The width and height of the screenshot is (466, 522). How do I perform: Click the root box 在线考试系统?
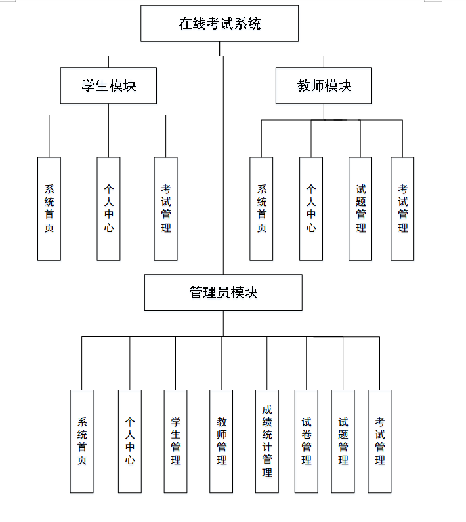[x=219, y=24]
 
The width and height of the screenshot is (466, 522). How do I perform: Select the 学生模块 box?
[x=108, y=85]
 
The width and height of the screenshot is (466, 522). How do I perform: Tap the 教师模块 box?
[x=324, y=85]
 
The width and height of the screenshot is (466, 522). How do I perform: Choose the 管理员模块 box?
[x=223, y=292]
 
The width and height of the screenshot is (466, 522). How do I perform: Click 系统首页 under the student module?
[x=49, y=209]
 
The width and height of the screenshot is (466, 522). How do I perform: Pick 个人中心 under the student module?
[x=108, y=209]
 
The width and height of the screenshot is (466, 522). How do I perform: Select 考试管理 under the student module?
[x=165, y=209]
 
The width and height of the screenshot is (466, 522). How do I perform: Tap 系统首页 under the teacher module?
[x=261, y=209]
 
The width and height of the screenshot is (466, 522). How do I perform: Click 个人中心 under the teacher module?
[x=311, y=209]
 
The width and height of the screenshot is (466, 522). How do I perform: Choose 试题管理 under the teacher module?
[x=360, y=209]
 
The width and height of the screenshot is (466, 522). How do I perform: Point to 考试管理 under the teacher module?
[x=402, y=209]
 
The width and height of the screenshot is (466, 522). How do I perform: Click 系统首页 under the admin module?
[x=81, y=441]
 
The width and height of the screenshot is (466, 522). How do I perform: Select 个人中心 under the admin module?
[x=129, y=441]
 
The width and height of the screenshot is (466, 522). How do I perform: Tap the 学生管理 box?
[x=175, y=441]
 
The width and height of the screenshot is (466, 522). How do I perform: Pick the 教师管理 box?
[x=221, y=441]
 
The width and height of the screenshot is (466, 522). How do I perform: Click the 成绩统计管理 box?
[x=267, y=441]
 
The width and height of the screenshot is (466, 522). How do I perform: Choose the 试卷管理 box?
[x=306, y=441]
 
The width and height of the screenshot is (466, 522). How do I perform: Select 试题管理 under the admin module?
[x=343, y=441]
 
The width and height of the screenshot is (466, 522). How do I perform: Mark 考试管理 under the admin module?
[x=379, y=441]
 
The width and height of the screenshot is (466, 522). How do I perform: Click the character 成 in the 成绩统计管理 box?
[x=267, y=409]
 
